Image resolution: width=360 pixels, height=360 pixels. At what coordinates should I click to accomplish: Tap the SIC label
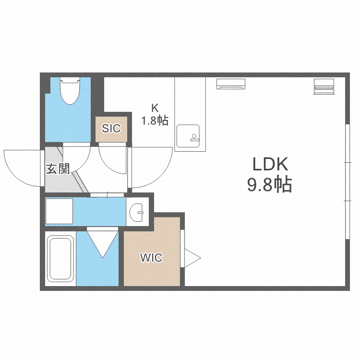click(111, 128)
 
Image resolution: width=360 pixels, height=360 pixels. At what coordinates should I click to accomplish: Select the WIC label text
click(151, 258)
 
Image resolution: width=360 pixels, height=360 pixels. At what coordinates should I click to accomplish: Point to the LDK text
click(270, 164)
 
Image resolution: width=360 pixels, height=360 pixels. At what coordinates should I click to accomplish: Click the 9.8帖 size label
click(270, 184)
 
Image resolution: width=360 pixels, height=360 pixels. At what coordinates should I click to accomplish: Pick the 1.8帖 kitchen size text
click(155, 120)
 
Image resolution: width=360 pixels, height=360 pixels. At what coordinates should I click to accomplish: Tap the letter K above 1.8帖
click(155, 108)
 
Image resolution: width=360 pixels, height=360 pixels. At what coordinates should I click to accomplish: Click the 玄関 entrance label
click(58, 169)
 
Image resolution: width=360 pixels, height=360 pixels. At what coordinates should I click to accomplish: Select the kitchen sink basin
click(188, 136)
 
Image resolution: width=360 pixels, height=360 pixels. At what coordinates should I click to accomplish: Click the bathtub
click(60, 259)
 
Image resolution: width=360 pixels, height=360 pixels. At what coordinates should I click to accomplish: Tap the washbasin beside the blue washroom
click(136, 212)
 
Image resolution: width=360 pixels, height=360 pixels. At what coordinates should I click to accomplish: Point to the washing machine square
click(59, 211)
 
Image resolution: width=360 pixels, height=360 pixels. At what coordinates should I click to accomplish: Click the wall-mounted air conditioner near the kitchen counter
click(231, 84)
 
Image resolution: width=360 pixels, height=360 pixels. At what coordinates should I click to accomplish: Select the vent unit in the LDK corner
click(324, 86)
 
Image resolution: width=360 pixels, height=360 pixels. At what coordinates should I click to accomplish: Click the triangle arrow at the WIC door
click(192, 258)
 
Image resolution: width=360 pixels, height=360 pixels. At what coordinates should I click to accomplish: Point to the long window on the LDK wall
click(348, 181)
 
